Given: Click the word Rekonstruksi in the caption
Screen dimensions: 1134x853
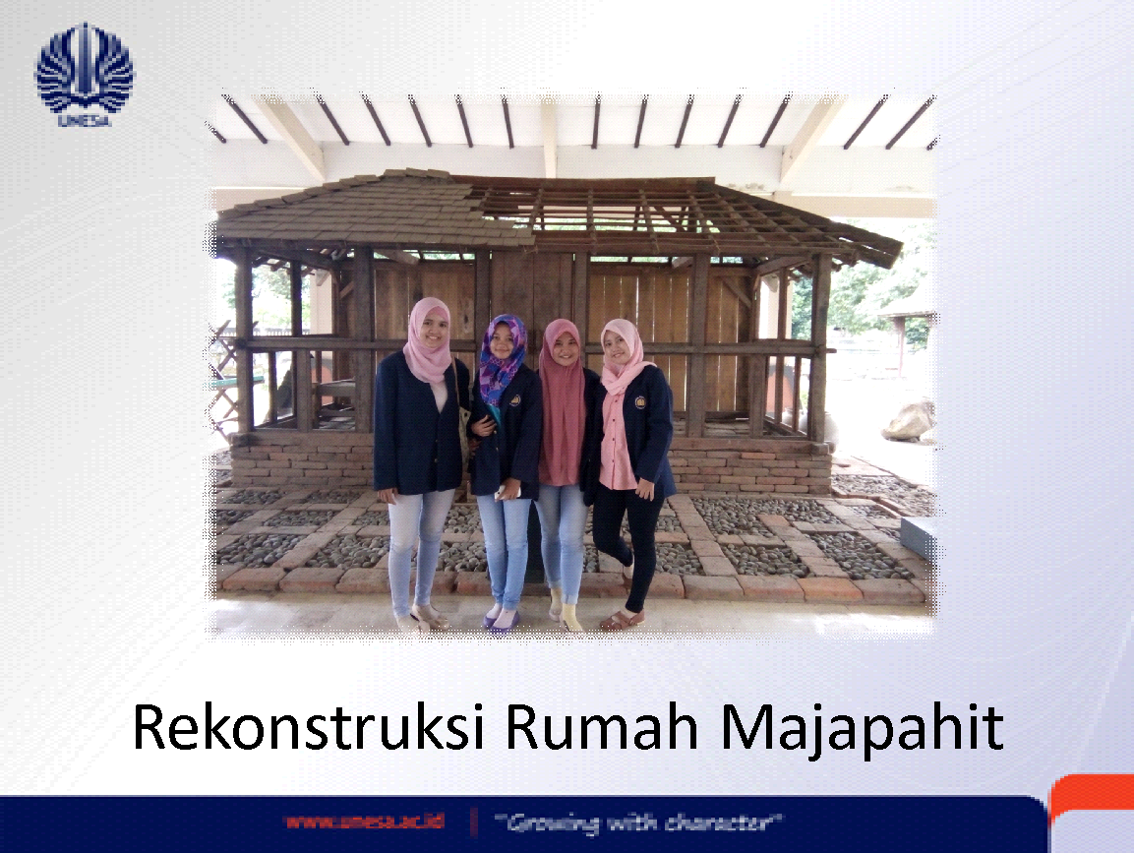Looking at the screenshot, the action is pos(309,727).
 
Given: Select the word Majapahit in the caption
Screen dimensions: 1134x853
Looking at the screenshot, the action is pos(863,731).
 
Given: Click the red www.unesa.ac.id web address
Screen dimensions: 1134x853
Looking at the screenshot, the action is pos(364,822).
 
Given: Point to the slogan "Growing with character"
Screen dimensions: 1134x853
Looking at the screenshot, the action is pos(638,823).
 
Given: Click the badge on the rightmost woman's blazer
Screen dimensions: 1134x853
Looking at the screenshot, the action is pos(640,401).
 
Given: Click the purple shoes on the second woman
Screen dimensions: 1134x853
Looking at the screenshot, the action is pos(503,620).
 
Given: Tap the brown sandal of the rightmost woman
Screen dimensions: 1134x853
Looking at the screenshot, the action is pos(621,619).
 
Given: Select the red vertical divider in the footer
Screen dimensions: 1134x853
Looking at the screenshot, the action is pos(474,822).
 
